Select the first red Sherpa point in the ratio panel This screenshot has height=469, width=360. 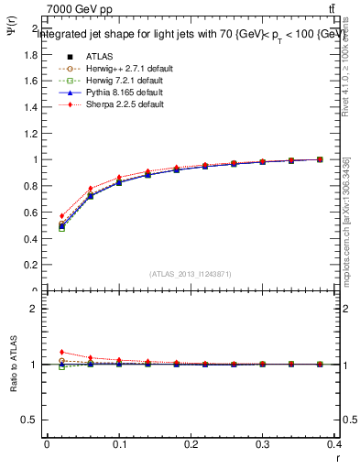click(61, 352)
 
